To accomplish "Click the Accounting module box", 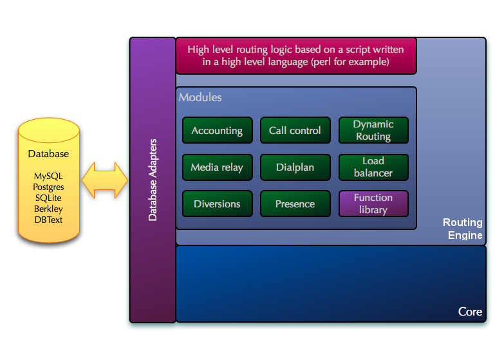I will coord(217,130).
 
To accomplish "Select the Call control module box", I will coord(295,130).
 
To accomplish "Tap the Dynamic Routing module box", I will coord(373,130).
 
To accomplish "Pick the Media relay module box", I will coord(217,167).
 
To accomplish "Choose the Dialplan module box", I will coord(295,167).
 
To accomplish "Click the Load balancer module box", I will coord(373,167).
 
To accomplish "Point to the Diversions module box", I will coord(217,204).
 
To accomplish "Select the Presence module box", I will coord(295,204).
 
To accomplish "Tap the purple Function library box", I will coord(373,204).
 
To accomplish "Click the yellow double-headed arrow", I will coord(105,180).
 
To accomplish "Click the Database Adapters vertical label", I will coord(153,179).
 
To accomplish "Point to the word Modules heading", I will coord(200,97).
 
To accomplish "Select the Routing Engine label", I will coord(463,229).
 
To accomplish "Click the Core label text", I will coord(470,312).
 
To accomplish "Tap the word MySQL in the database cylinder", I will coord(49,176).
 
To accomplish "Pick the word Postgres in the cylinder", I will coord(49,187).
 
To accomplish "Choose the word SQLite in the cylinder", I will coord(49,198).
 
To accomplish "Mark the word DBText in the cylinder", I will coord(49,220).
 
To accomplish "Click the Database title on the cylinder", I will coord(48,154).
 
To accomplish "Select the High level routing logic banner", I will coord(296,55).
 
